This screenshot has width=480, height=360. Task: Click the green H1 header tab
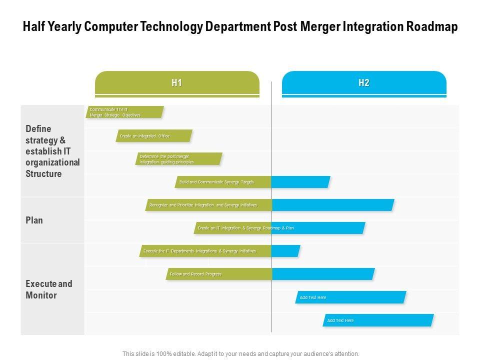coord(177,83)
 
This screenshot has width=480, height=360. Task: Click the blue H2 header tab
coord(364,83)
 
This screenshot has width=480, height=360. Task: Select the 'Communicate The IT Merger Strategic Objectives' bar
coord(125,112)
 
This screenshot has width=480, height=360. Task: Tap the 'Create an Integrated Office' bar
coord(154,136)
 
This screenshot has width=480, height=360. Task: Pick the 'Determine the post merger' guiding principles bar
coord(178,159)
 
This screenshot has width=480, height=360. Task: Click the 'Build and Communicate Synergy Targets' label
coord(217,182)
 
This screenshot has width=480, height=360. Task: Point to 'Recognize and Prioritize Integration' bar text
coord(203,205)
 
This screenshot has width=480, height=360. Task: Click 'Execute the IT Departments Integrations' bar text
coord(199,251)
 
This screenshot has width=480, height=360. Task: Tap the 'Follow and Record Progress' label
coord(196,274)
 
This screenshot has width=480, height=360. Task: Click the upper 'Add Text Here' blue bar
coord(350,297)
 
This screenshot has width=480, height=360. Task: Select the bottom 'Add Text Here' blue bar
coord(378,320)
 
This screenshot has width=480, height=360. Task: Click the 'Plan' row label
coord(34,220)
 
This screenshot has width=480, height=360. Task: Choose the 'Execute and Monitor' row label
coord(49,289)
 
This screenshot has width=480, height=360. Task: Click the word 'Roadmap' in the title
coord(432,27)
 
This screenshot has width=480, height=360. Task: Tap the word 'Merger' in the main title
coord(319,27)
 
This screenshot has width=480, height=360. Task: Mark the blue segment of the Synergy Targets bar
coord(300,182)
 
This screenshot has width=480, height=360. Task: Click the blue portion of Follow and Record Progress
coord(322,274)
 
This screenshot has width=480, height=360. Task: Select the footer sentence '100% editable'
coord(240,353)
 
